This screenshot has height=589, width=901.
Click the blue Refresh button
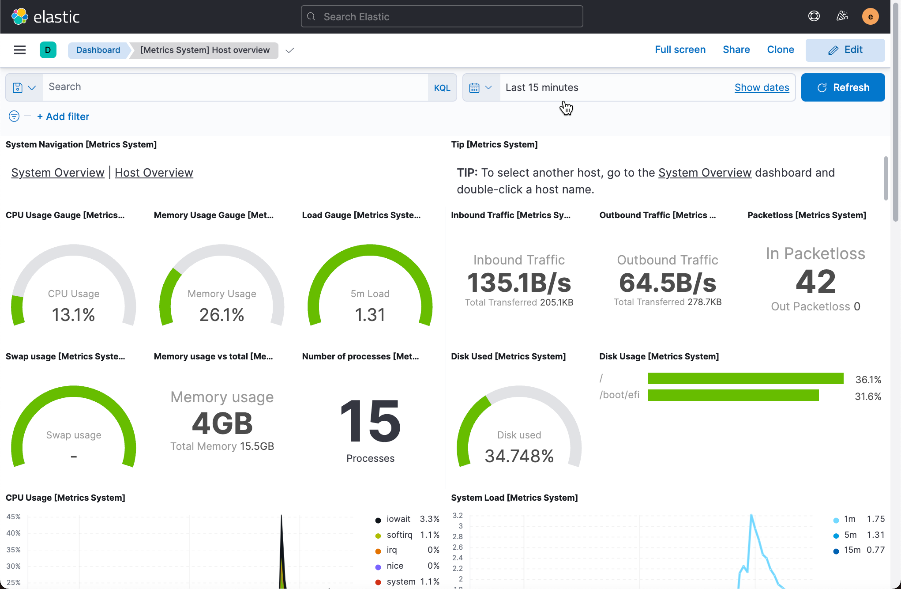(843, 87)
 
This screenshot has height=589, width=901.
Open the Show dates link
(762, 87)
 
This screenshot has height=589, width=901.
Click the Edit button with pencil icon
(845, 50)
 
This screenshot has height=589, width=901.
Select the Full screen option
(680, 50)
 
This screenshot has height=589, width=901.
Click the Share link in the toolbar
(736, 50)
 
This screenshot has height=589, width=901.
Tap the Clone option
(780, 50)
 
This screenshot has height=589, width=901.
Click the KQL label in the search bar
(442, 87)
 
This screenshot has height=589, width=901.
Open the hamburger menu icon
(20, 50)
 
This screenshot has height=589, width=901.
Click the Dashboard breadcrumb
(98, 50)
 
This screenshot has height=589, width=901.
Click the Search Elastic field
(442, 17)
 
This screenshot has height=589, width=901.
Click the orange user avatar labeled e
(870, 17)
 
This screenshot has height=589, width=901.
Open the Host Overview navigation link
(154, 173)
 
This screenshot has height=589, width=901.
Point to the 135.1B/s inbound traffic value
(519, 283)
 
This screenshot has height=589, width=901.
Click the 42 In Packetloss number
(815, 282)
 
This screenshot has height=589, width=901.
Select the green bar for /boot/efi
(733, 395)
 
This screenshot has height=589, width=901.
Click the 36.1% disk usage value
(868, 380)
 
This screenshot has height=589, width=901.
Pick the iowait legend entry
(398, 519)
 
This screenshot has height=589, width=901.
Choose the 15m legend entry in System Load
(852, 550)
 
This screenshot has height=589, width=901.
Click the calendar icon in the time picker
(474, 87)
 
